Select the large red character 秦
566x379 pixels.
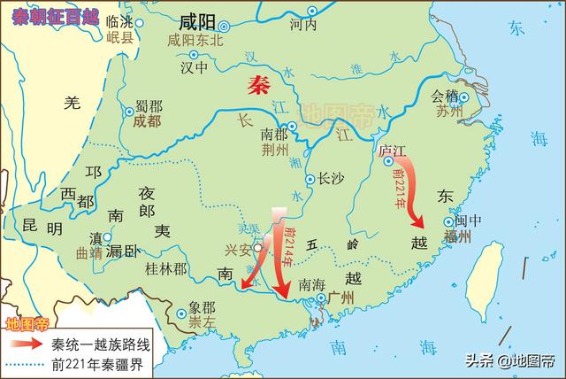point(259,86)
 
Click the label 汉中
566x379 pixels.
point(194,67)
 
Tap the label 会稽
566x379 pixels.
point(445,96)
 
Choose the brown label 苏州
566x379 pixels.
point(448,112)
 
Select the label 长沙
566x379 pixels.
point(328,178)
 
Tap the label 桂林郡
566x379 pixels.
point(165,267)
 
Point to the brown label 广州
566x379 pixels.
point(340,298)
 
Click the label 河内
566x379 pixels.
point(302,25)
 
